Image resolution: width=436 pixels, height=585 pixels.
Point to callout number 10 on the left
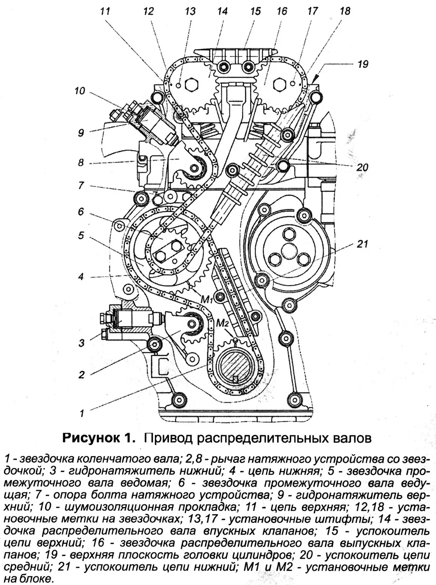(x=80, y=91)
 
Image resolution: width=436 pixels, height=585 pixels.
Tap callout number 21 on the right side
(x=362, y=244)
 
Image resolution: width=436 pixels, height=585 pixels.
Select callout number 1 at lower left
(x=82, y=413)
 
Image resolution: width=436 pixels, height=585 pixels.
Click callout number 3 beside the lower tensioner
(x=82, y=343)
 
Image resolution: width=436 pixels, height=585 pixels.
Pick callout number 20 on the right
(x=362, y=167)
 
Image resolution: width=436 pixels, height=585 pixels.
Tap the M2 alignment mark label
(x=222, y=323)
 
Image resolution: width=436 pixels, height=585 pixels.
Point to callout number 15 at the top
(x=255, y=11)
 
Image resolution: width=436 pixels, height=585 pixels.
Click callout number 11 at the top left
(x=105, y=11)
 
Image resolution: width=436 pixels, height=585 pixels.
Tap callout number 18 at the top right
(x=345, y=11)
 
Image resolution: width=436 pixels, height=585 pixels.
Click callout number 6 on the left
(x=81, y=211)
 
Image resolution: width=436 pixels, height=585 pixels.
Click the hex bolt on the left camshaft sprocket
(x=191, y=84)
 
